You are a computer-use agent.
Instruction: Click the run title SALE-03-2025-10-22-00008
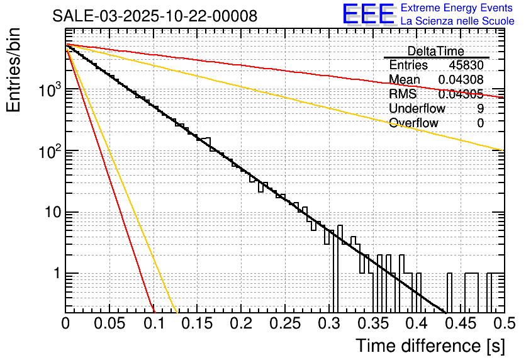coord(155,16)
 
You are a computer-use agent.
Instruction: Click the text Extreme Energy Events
coord(457,8)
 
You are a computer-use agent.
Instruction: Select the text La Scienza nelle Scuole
coord(457,21)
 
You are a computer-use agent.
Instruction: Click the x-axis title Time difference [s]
coord(430,346)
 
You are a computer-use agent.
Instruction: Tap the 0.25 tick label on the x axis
coord(284,323)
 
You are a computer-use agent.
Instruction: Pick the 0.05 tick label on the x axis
coord(109,323)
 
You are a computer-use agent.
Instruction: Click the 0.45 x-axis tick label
coord(460,323)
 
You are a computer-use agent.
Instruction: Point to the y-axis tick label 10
coord(51,213)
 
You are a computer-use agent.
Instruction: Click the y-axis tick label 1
coord(55,274)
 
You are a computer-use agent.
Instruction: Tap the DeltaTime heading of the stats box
coord(436,51)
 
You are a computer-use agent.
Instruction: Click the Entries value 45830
coord(466,65)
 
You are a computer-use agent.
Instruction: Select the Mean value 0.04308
coord(461,80)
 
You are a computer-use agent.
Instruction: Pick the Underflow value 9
coord(480,109)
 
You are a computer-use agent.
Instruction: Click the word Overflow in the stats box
coord(413,123)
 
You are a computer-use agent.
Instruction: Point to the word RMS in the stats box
coord(403,94)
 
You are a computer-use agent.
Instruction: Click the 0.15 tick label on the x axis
coord(197,323)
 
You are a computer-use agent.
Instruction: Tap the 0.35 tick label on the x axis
coord(372,323)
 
